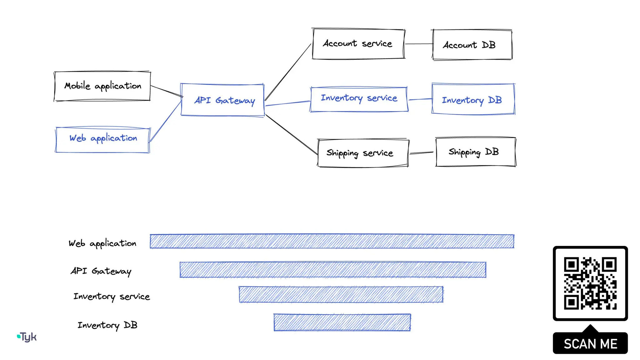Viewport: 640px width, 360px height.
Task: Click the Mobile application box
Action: pos(102,86)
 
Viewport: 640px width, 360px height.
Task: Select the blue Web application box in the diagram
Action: pos(102,140)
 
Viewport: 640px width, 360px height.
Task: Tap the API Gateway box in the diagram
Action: pos(222,100)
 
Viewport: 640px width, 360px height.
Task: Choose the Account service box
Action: pos(358,44)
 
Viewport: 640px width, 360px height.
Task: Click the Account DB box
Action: pos(472,45)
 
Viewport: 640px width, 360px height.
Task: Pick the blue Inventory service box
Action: pos(359,99)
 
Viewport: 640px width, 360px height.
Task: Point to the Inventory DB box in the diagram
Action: pos(473,99)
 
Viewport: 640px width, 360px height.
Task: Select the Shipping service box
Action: pos(363,153)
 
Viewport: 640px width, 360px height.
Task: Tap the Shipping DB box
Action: pos(475,152)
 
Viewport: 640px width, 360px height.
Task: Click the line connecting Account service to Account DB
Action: pos(419,44)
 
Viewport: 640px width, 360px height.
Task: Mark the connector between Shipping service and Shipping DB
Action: pos(422,153)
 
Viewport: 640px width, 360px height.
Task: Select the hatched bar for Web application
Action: pos(332,241)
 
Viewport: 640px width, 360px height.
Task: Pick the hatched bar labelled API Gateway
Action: pos(333,270)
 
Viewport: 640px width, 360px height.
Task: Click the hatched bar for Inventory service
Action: pos(341,294)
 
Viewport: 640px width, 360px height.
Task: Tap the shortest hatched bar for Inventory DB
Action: pos(342,322)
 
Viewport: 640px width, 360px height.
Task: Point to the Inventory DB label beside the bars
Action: pos(107,325)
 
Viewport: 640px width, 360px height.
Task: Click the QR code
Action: pos(590,283)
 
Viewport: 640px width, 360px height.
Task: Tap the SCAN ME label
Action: pos(590,344)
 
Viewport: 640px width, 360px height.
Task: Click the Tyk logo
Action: pos(27,337)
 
